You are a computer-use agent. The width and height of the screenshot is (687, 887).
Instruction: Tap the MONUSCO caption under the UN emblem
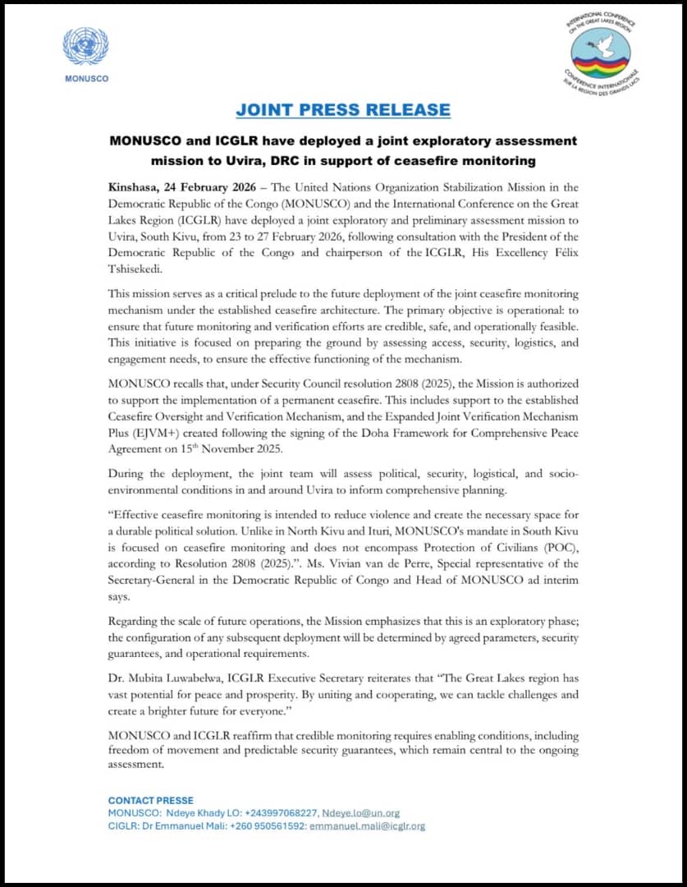(85, 79)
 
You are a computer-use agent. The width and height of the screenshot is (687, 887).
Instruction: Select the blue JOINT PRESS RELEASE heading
(343, 109)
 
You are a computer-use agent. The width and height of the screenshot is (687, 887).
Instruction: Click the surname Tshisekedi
(140, 267)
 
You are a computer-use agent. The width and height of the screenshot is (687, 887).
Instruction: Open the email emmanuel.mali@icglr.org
(368, 825)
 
